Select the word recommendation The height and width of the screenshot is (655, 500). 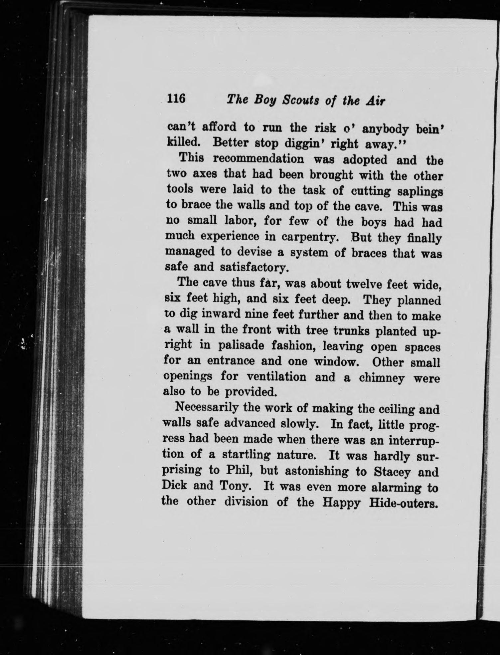pos(258,159)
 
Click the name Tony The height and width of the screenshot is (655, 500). pos(235,486)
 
